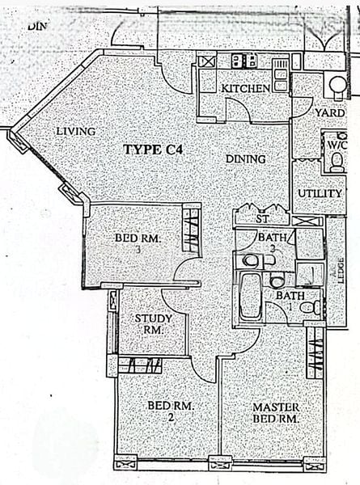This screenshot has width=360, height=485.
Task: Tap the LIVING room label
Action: coord(76,131)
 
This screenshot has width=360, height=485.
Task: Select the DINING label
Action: coord(246,159)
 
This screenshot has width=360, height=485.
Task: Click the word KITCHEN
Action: coord(245,87)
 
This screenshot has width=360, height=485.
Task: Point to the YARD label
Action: coord(330,113)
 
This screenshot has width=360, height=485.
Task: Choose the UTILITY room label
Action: coord(319,194)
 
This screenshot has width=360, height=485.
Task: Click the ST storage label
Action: coord(261,219)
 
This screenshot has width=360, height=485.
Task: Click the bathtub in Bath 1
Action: coord(251,297)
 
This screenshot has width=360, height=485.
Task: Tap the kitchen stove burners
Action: coord(243,60)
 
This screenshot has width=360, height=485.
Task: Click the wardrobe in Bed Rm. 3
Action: coord(191,228)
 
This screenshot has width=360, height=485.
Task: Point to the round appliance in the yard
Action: coord(336,86)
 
